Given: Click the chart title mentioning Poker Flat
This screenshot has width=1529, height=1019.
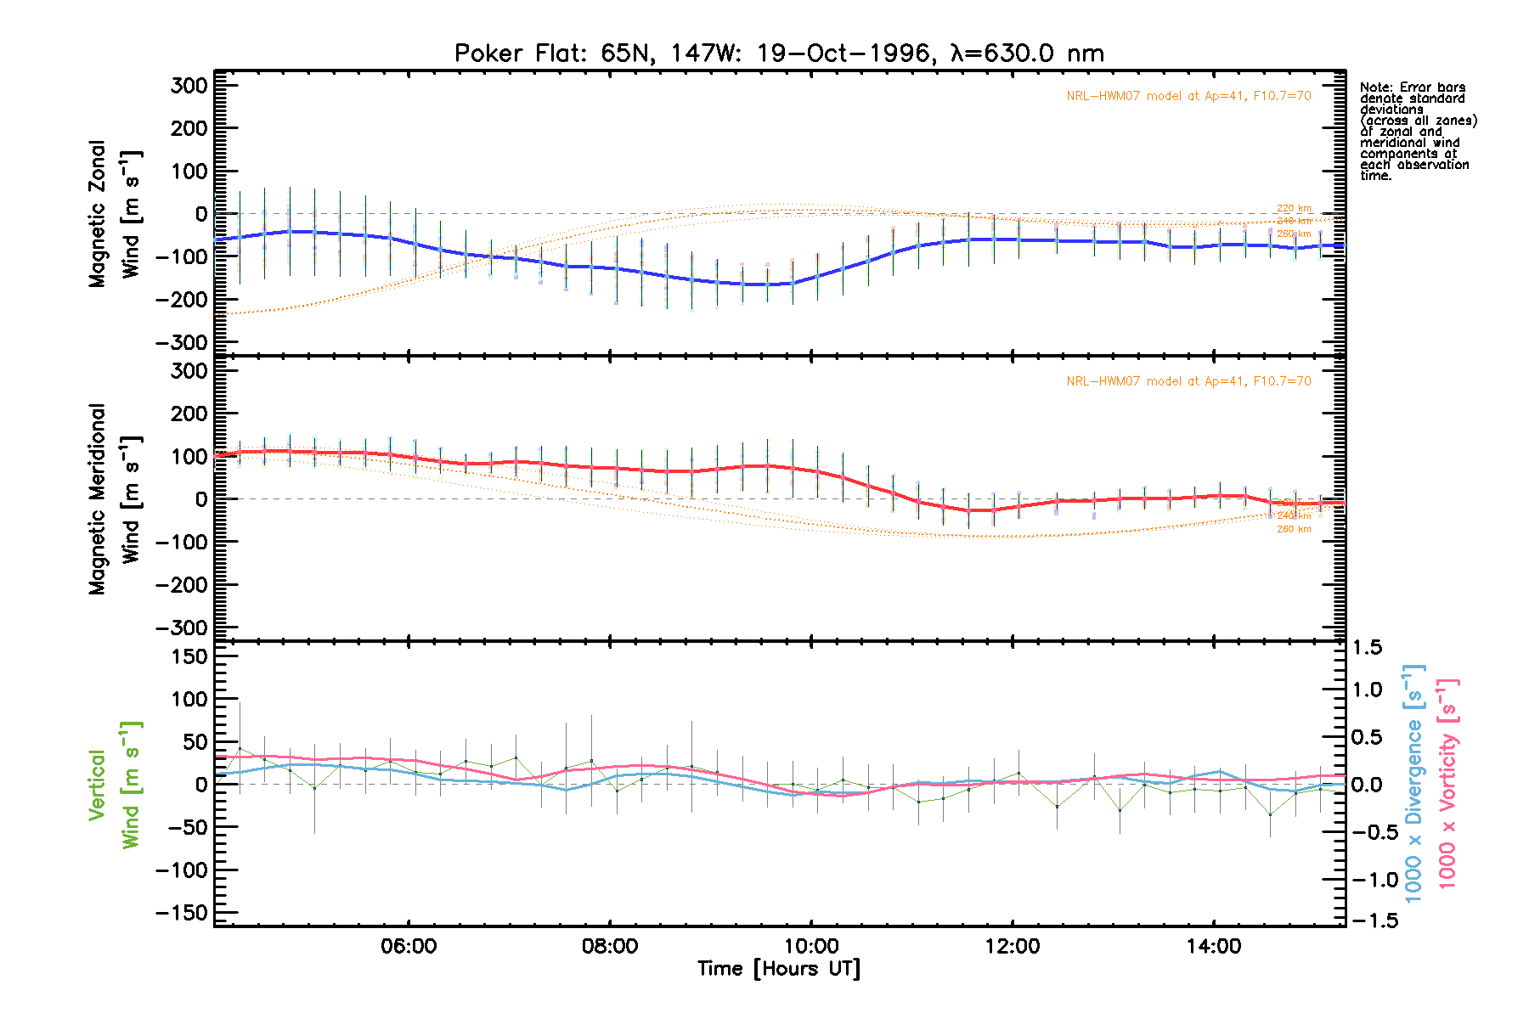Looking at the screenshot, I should [779, 53].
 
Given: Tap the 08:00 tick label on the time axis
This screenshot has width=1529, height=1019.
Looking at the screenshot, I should [610, 947].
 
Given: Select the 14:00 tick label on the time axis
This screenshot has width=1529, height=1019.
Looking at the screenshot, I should [1213, 947].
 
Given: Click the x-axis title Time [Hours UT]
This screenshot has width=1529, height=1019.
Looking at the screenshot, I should [779, 969].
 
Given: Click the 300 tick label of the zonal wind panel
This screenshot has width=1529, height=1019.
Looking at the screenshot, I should [189, 86].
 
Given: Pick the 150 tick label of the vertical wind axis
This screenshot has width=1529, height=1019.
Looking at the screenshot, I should [189, 656].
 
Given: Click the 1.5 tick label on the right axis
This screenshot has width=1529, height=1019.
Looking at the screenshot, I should [1366, 648].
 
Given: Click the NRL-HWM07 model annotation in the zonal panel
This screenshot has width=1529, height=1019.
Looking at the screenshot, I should [1188, 96].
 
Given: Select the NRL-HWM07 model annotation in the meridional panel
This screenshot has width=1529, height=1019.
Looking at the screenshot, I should [1188, 381].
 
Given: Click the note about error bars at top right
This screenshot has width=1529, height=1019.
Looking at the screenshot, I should [1417, 132].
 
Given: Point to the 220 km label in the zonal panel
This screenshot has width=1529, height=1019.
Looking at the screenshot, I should [1294, 208].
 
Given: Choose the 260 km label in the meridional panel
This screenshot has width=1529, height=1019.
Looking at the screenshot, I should [1294, 529].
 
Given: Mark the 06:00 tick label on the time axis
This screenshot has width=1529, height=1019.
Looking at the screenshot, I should [409, 947].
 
